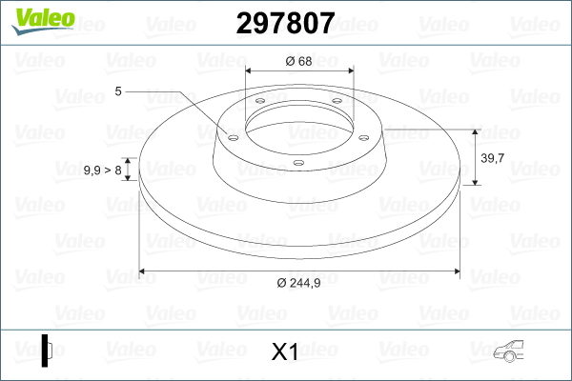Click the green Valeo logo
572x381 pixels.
(44, 21)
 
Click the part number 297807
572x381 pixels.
(285, 23)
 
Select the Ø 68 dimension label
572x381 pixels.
(298, 61)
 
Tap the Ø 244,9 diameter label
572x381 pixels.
(298, 283)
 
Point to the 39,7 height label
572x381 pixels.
(492, 158)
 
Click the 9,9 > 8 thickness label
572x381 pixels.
(103, 170)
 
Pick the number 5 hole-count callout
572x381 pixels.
(118, 91)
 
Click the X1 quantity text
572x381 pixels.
(284, 352)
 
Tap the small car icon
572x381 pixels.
(508, 351)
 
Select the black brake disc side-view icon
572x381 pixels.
(47, 351)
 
